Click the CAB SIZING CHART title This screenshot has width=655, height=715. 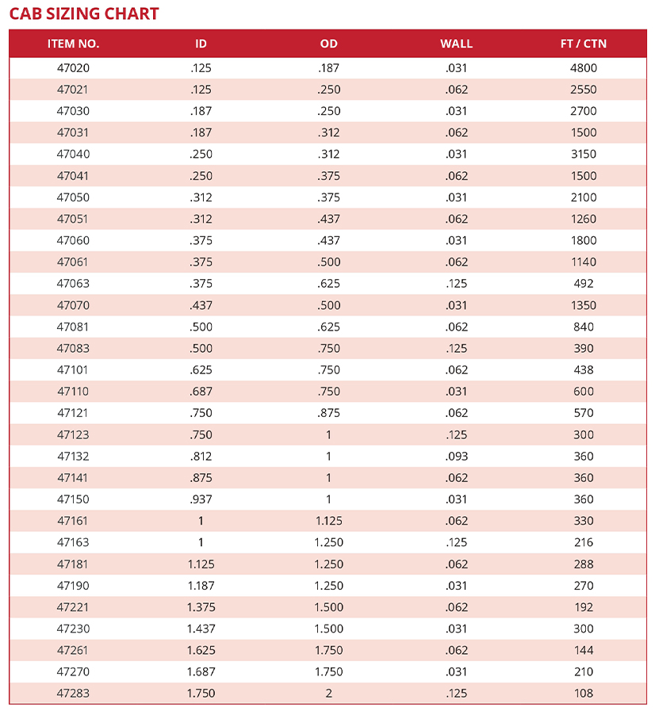pyautogui.click(x=84, y=13)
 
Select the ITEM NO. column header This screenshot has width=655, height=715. pyautogui.click(x=73, y=44)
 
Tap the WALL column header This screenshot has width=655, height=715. pyautogui.click(x=456, y=44)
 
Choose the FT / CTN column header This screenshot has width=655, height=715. pyautogui.click(x=583, y=44)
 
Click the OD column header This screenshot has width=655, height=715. pyautogui.click(x=328, y=44)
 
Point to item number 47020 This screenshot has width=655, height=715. pyautogui.click(x=73, y=68)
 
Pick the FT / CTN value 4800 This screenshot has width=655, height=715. pyautogui.click(x=583, y=68)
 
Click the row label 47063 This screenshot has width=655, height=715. pyautogui.click(x=73, y=284)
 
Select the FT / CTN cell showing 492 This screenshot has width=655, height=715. pyautogui.click(x=583, y=284)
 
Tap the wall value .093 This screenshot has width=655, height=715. pyautogui.click(x=456, y=457)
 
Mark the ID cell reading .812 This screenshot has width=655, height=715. pyautogui.click(x=201, y=457)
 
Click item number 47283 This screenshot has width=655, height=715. pyautogui.click(x=73, y=694)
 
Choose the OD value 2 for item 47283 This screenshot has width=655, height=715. pyautogui.click(x=328, y=694)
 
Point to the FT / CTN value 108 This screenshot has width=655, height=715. pyautogui.click(x=583, y=694)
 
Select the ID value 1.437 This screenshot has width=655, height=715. pyautogui.click(x=201, y=629)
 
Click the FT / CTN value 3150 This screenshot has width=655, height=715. pyautogui.click(x=583, y=154)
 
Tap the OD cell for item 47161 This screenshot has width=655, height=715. pyautogui.click(x=328, y=521)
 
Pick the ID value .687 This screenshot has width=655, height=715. pyautogui.click(x=201, y=392)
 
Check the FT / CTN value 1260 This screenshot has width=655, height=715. pyautogui.click(x=583, y=219)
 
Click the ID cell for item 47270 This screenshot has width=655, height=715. pyautogui.click(x=201, y=672)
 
